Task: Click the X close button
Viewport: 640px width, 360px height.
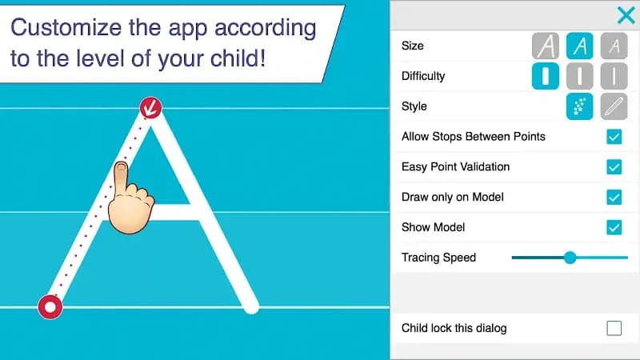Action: tap(626, 15)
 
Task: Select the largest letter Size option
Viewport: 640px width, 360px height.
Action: tap(546, 46)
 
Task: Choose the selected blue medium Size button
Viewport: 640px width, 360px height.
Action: tap(580, 46)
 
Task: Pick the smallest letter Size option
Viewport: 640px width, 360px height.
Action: tap(614, 46)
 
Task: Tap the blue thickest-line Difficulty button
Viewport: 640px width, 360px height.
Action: tap(546, 77)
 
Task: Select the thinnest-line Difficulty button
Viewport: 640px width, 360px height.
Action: tap(614, 77)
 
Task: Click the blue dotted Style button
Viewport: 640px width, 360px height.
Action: tap(580, 106)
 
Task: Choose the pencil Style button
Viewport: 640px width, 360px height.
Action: tap(614, 106)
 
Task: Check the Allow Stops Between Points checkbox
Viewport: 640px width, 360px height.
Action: tap(614, 137)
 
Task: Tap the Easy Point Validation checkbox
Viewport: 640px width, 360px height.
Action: tap(614, 167)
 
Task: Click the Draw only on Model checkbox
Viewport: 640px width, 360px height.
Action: tap(614, 198)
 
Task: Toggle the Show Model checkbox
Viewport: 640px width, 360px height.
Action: tap(614, 228)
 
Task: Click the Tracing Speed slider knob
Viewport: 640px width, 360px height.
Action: tap(570, 258)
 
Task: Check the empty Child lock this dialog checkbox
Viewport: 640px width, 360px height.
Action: tap(614, 328)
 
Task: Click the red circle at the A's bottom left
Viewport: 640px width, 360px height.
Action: tap(50, 306)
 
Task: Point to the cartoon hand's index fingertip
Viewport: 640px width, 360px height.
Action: tap(120, 168)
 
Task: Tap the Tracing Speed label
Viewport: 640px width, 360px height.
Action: tap(438, 258)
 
